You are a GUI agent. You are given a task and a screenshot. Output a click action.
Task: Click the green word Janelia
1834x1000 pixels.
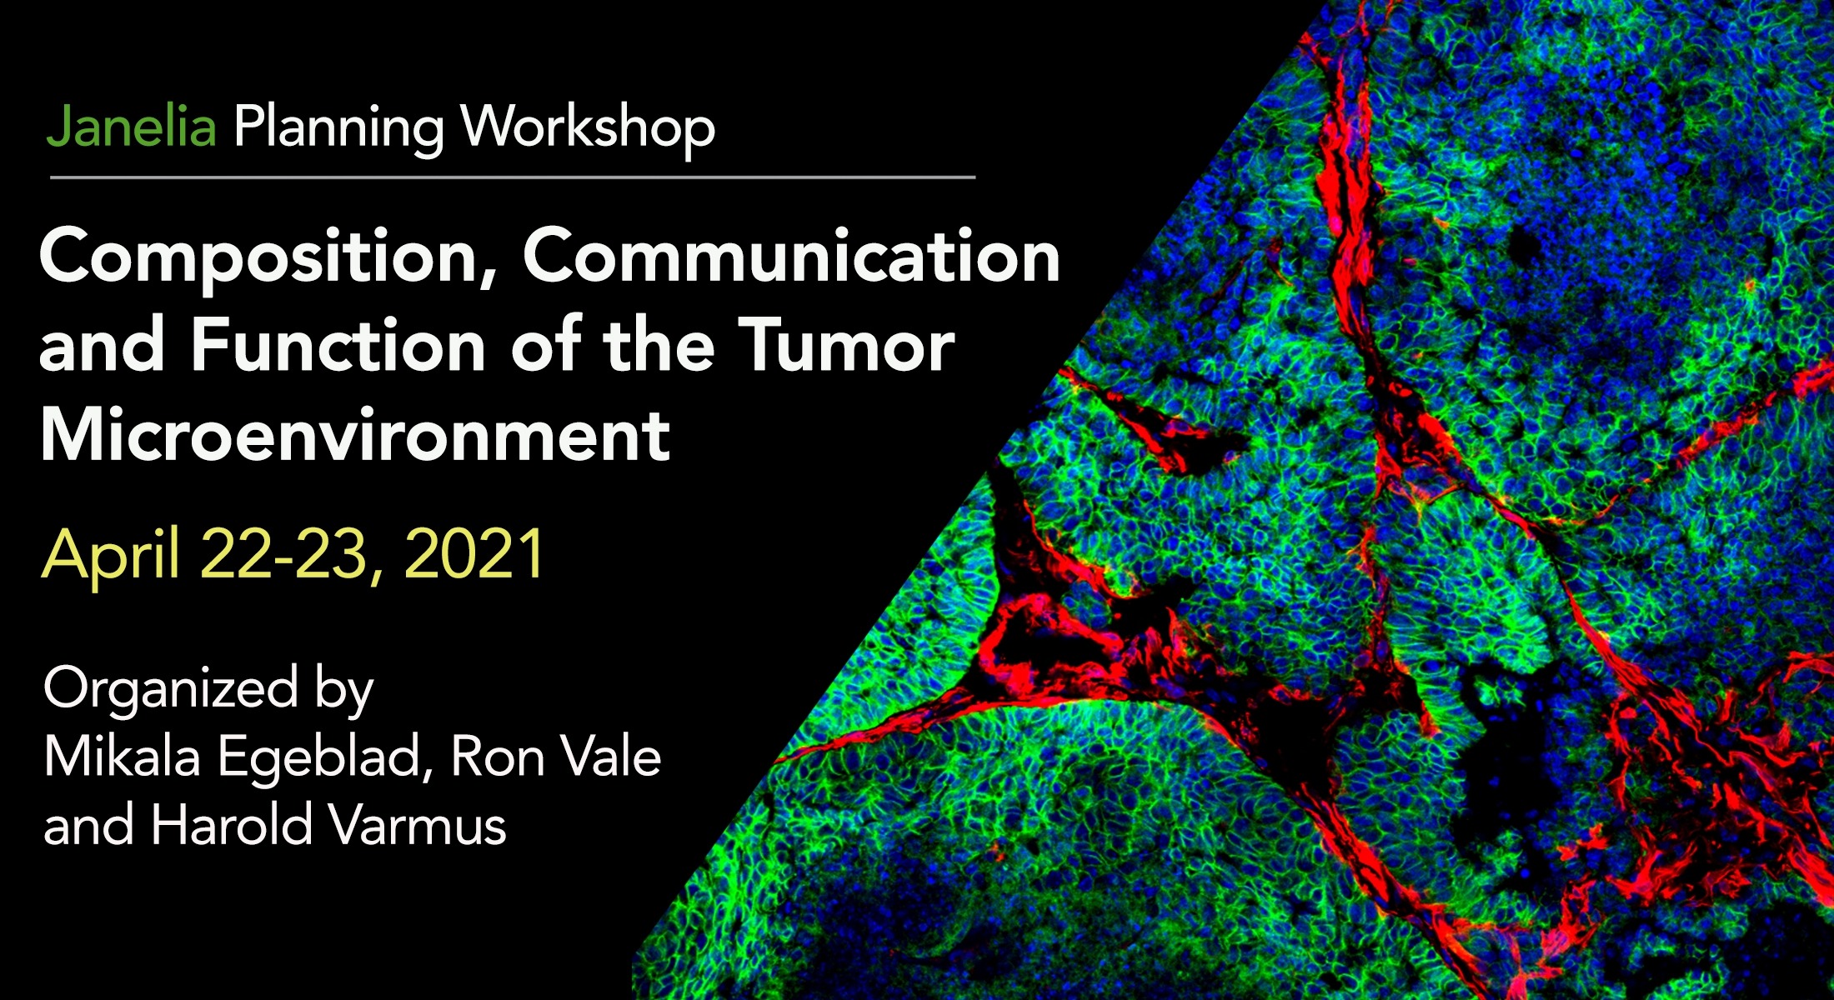coord(132,127)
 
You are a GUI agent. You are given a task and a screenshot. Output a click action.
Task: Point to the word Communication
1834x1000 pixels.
coord(791,256)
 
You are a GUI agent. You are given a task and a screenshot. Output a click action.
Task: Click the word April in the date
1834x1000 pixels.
coord(110,556)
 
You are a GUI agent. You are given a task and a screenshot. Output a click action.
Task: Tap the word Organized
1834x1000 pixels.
coord(171,690)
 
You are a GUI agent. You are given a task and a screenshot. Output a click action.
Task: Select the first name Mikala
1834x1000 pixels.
coord(122,757)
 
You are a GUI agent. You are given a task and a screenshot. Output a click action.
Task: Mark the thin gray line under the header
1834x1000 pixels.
coord(513,177)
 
